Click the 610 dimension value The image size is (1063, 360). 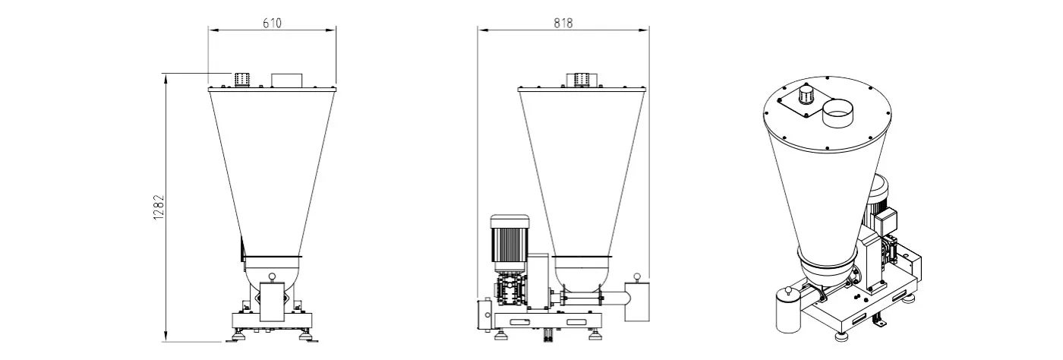[x=272, y=23]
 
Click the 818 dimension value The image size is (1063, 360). [x=563, y=23]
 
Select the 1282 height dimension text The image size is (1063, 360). [x=159, y=207]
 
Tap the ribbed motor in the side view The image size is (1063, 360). [x=509, y=243]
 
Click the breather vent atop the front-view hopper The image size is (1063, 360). [x=242, y=80]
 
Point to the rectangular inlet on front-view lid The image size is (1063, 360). [x=287, y=81]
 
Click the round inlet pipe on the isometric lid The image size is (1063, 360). [x=837, y=113]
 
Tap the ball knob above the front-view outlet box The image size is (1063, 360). [x=272, y=276]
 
